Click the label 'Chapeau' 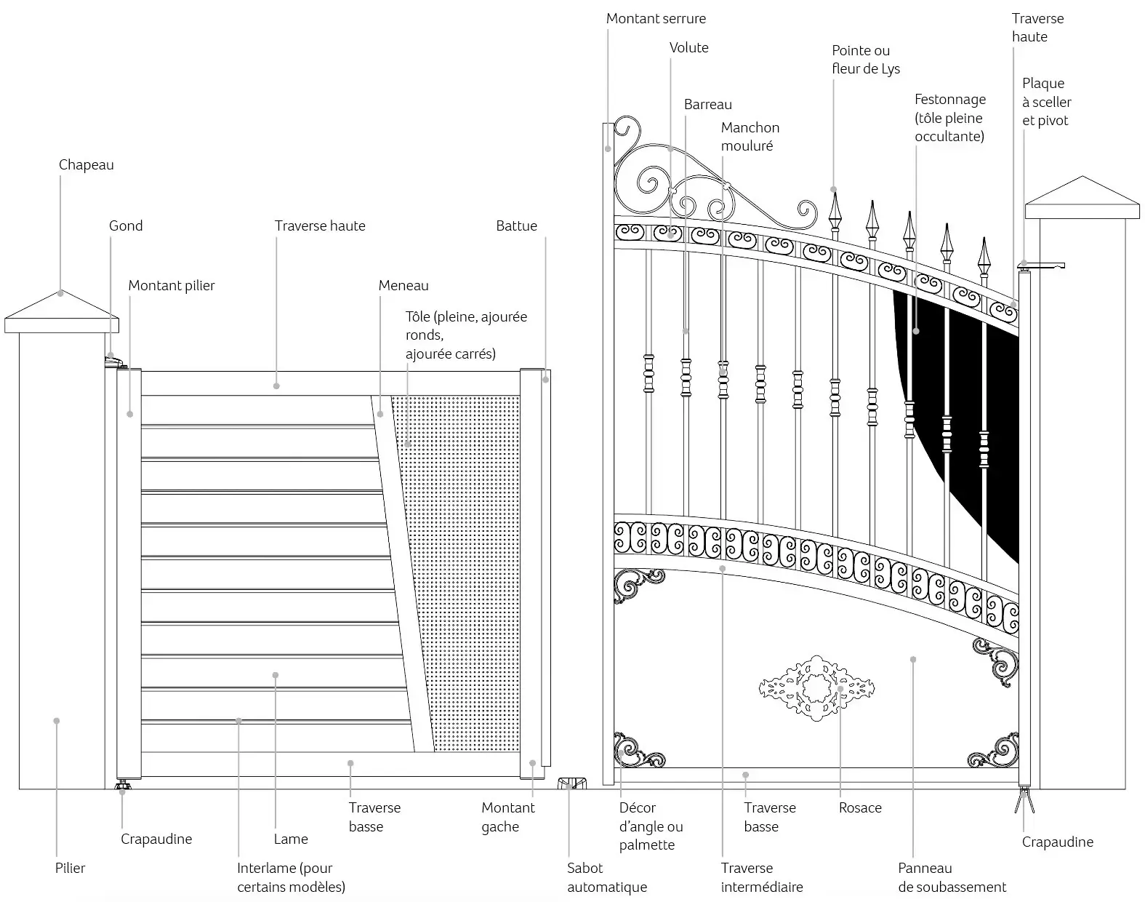[87, 165]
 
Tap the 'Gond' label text [126, 225]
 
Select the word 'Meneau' [403, 285]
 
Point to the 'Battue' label [516, 225]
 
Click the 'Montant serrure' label [656, 19]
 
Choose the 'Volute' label [688, 48]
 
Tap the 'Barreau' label [707, 104]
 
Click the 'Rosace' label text [860, 807]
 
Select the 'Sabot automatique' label [606, 877]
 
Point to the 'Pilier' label [70, 868]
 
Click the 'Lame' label [291, 839]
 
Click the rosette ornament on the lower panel [816, 687]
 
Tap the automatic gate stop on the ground [572, 783]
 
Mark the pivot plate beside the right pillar [1040, 265]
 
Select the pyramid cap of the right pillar [1082, 197]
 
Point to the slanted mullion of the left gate [402, 572]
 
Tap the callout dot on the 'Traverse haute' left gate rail [276, 386]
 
